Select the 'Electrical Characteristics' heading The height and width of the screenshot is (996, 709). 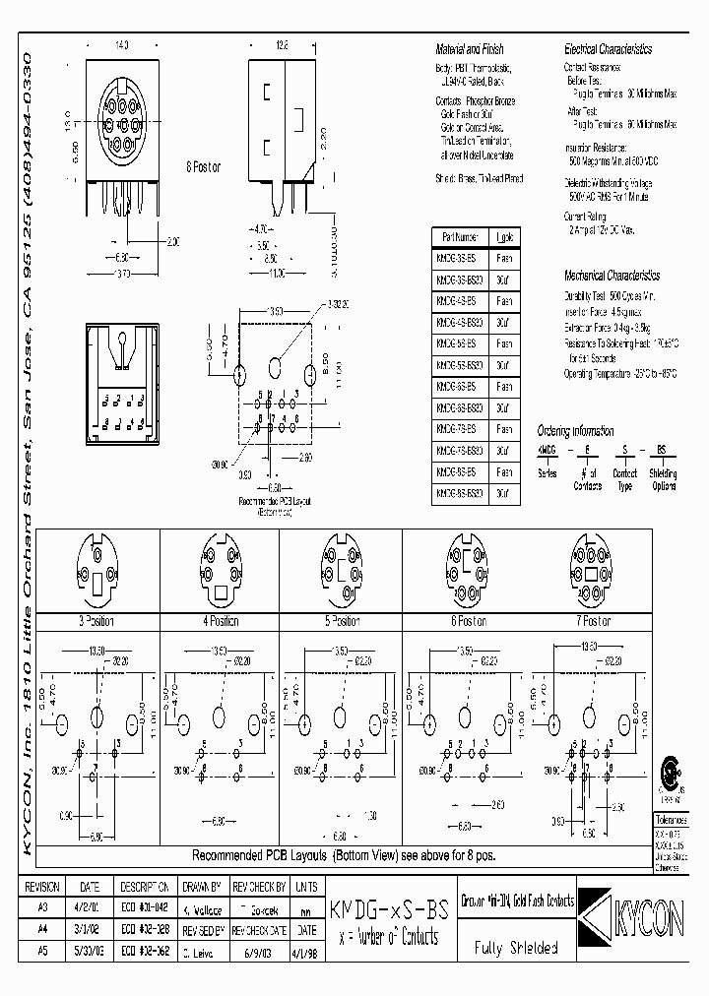click(x=608, y=49)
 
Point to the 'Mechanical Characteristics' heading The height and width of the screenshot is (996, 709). click(x=612, y=276)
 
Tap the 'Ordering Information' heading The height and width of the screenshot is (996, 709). click(x=575, y=431)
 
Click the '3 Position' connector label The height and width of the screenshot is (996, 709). click(x=96, y=621)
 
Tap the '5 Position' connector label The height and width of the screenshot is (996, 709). click(x=343, y=621)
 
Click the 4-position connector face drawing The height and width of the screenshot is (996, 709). click(x=222, y=572)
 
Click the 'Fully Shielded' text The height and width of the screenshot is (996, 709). click(x=516, y=950)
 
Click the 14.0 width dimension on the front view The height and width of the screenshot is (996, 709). click(x=122, y=45)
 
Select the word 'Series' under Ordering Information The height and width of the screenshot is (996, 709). click(x=546, y=472)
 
